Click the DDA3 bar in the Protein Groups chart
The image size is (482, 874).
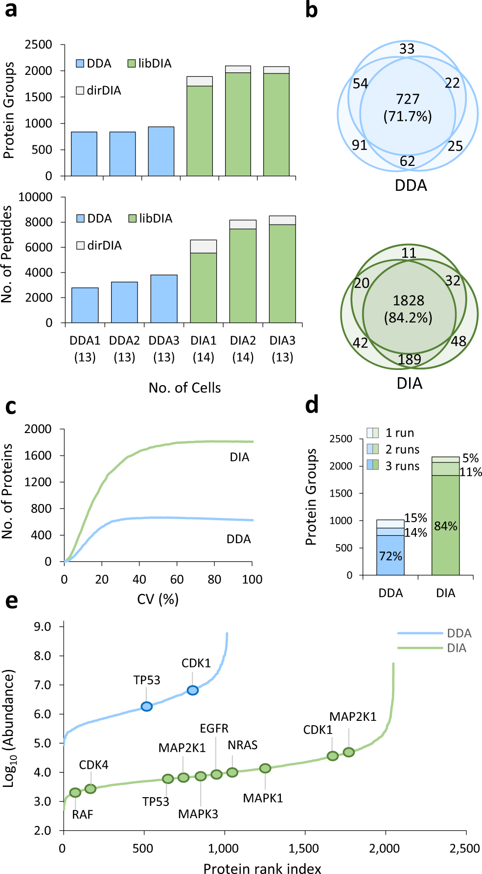tap(161, 151)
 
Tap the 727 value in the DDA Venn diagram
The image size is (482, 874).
tap(408, 99)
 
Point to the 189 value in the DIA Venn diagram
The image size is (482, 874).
tap(410, 360)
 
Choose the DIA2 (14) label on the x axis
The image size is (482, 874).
tap(243, 348)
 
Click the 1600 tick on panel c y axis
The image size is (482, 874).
tap(38, 456)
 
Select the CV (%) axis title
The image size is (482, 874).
tap(158, 599)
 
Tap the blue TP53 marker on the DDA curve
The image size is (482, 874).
tap(146, 706)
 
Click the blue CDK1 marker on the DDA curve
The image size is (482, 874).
tap(192, 690)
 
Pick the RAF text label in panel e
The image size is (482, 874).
tap(82, 814)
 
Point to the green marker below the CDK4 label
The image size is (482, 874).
tap(91, 788)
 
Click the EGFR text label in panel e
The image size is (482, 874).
tap(214, 728)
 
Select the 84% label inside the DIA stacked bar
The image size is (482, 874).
tap(446, 526)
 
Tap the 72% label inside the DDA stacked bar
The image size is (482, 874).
tap(390, 556)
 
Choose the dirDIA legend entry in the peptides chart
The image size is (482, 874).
tap(99, 245)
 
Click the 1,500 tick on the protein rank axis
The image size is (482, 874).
tap(304, 849)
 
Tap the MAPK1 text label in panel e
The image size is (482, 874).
tap(263, 798)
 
